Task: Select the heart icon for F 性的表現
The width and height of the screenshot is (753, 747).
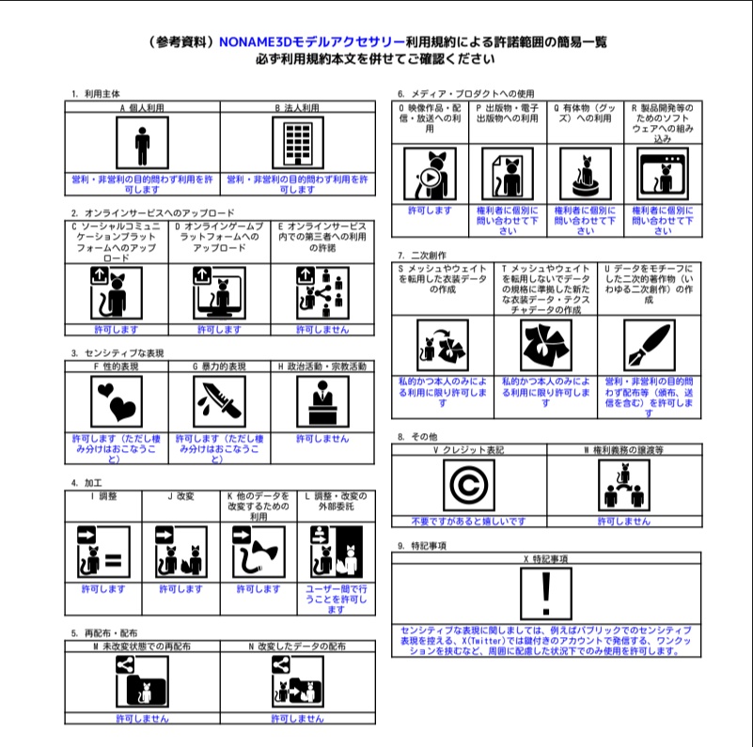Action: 116,402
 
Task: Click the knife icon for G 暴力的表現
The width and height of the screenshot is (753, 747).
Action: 220,402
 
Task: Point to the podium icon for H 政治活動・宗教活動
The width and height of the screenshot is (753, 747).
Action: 322,402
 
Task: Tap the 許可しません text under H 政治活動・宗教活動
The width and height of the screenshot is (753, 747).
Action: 322,439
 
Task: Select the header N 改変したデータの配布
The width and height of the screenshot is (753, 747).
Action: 297,646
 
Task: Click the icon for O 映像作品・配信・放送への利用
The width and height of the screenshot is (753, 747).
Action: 429,174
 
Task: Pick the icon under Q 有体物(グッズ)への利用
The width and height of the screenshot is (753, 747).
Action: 584,174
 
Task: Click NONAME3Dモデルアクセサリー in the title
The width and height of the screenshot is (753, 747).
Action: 311,42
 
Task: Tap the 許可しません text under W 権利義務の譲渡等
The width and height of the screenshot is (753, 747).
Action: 623,521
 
